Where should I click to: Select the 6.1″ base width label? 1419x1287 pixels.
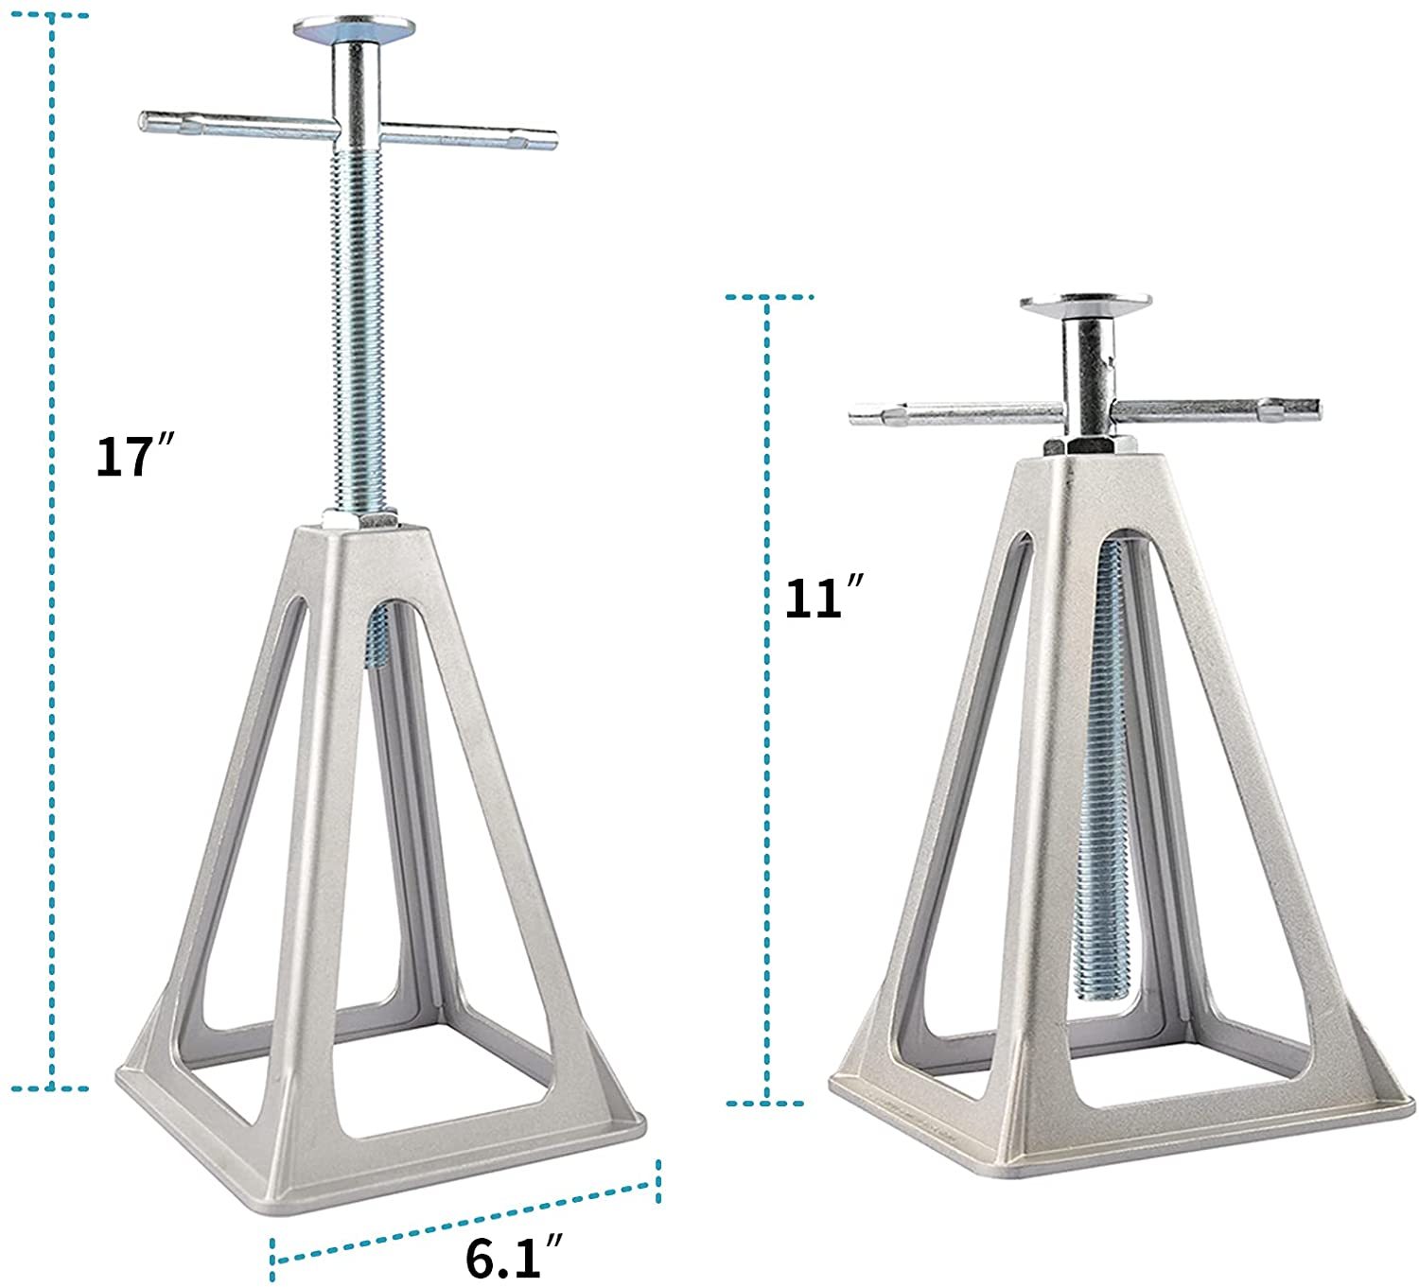(514, 1256)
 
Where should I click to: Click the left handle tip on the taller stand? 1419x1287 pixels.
(145, 122)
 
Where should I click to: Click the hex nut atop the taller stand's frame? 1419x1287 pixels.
(359, 519)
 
